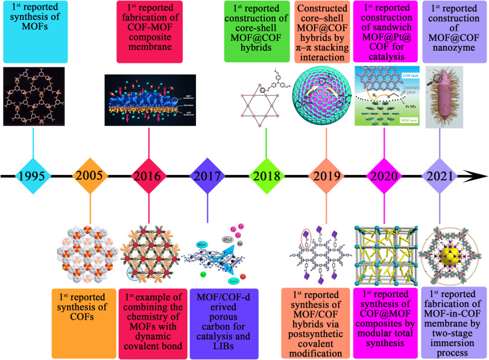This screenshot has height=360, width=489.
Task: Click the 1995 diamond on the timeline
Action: (33, 177)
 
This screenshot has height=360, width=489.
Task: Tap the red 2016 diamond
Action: (149, 177)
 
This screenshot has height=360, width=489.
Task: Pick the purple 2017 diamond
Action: (207, 177)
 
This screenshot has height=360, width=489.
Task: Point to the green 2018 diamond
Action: (266, 177)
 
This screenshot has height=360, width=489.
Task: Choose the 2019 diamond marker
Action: (325, 177)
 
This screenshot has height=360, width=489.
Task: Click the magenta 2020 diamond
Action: (383, 177)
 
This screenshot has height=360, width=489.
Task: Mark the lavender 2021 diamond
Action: (441, 177)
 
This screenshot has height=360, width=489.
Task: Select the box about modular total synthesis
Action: (384, 316)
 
